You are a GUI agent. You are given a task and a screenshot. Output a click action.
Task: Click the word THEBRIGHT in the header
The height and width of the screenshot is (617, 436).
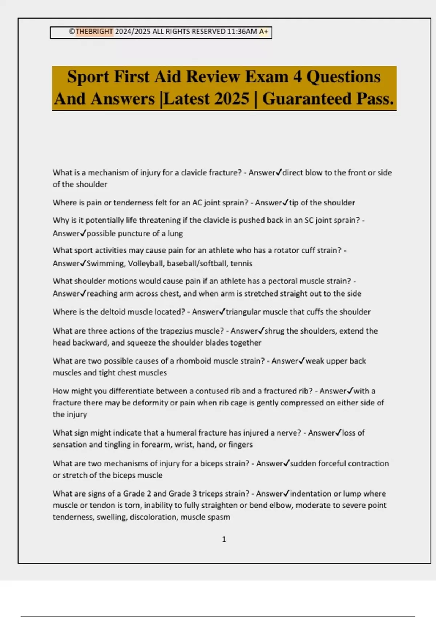94,32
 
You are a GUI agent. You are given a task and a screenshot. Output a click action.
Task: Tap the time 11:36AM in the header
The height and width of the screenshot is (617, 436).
242,32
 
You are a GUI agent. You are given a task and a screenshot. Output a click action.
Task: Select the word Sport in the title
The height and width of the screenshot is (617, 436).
88,77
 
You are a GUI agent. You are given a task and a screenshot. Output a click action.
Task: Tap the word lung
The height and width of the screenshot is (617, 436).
175,233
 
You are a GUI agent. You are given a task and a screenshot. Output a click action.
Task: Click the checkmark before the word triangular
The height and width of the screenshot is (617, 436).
222,311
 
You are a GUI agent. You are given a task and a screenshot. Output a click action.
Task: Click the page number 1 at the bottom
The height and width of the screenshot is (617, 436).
224,539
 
